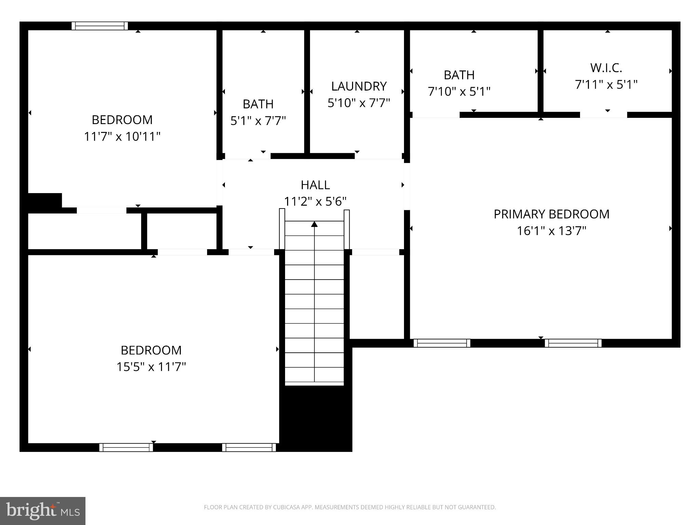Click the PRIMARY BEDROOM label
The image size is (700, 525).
point(551,214)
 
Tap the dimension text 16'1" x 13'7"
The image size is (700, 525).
point(551,231)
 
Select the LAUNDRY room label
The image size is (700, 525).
point(359,86)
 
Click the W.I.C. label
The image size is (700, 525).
point(606,68)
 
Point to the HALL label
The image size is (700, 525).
point(315,185)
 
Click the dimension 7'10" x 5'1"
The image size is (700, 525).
point(459,92)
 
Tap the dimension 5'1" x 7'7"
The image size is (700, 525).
point(258,121)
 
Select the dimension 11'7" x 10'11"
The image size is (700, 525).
point(122,137)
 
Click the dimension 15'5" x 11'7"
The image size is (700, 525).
point(151,367)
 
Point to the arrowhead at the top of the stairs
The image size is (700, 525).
point(314,224)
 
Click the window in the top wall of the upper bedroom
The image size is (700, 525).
point(99,26)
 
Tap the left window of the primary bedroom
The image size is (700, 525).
point(442,343)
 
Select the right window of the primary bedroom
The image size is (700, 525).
point(573,343)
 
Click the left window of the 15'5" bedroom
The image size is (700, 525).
point(126,447)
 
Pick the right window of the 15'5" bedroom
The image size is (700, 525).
point(249,447)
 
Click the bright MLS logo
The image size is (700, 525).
point(42,511)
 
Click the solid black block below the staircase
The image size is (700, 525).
point(316,419)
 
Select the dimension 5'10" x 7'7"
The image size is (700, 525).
point(359,103)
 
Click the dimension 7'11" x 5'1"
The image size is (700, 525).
point(606,85)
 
